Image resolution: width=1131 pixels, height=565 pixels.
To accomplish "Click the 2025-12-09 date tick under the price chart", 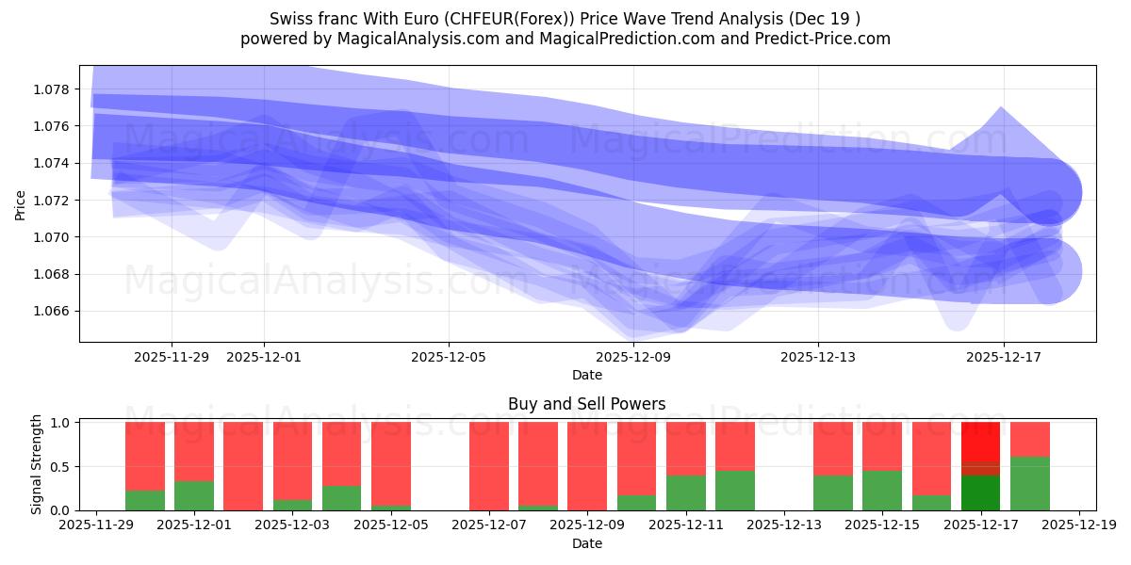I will click(633, 357).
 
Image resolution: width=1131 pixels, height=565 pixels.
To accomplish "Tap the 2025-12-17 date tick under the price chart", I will click(1003, 357).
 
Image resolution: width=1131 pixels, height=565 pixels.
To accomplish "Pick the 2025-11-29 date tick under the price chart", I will click(172, 357).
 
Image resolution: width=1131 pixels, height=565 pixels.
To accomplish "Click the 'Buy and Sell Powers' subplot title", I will click(586, 404).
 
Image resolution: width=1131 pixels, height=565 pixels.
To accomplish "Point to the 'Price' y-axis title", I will click(21, 204).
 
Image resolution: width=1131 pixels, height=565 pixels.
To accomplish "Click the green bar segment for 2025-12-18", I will click(1029, 483).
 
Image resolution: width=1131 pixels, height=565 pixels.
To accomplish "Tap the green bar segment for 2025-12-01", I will click(194, 495).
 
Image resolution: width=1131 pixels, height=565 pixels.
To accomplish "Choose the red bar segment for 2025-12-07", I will click(489, 465).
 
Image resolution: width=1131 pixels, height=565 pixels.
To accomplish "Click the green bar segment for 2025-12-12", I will click(734, 490).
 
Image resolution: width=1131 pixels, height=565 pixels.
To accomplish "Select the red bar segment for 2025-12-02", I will click(243, 465).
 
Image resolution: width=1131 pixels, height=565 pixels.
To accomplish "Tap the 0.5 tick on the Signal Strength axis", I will click(61, 467).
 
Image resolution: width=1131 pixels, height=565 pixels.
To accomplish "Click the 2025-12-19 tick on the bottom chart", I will click(1078, 525).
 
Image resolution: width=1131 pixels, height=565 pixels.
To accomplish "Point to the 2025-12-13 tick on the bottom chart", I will click(783, 525).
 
